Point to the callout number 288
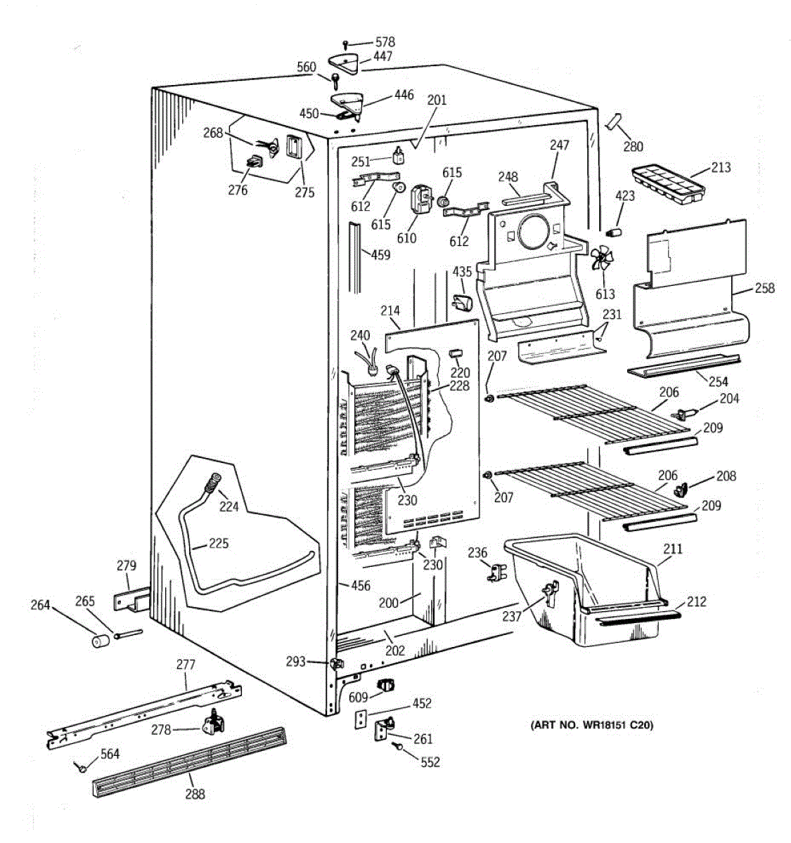point(195,794)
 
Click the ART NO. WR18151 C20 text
point(591,725)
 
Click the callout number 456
point(361,586)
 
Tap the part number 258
point(764,288)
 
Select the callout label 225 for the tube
point(219,543)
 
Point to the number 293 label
point(296,661)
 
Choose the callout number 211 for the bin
point(673,549)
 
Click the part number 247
point(560,145)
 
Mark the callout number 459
point(380,254)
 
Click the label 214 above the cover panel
point(390,311)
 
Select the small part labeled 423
point(615,233)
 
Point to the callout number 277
point(186,664)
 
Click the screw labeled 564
point(82,768)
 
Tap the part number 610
point(406,237)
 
